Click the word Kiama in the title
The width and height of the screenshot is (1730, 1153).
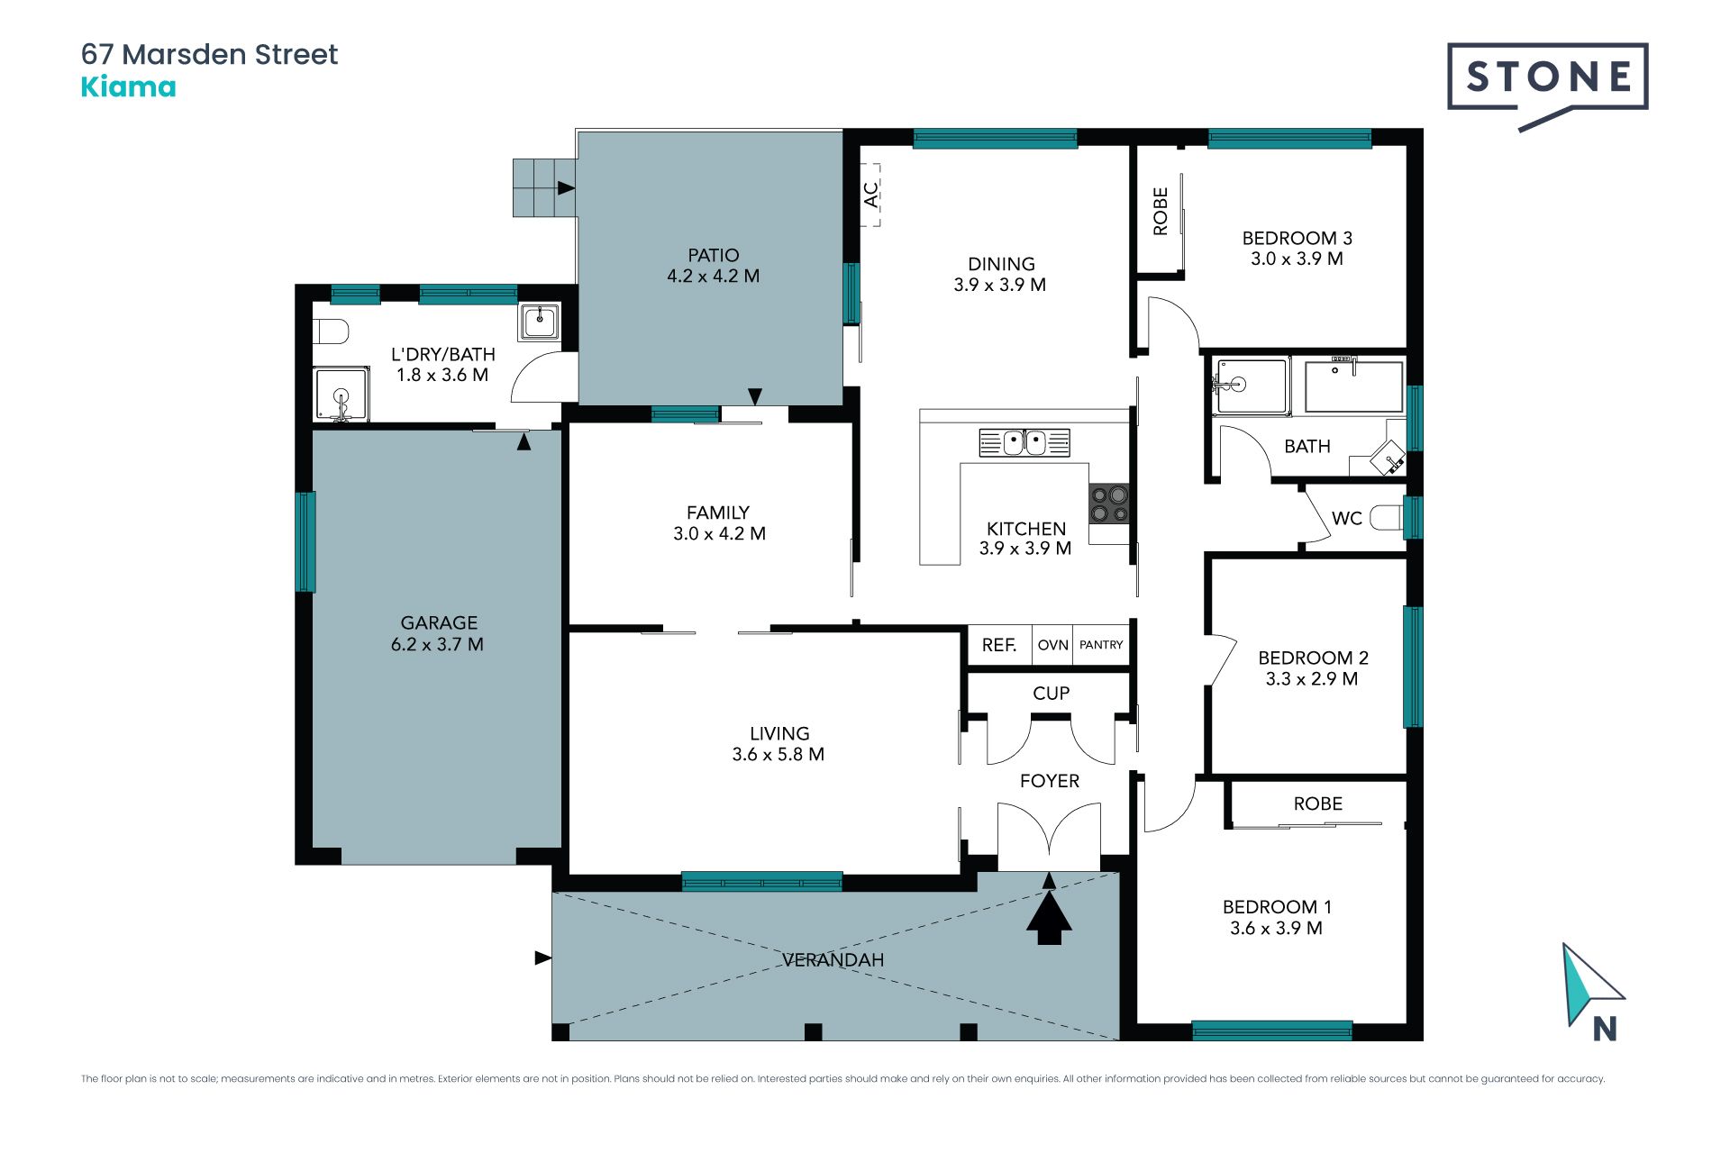[x=128, y=87]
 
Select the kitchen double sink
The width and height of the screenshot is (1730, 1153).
[x=1024, y=442]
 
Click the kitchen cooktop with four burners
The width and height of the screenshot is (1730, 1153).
[x=1108, y=504]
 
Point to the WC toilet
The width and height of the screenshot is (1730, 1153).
[x=1387, y=518]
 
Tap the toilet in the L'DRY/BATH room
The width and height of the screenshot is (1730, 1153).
[x=331, y=331]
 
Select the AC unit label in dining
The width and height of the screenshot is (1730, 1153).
[x=871, y=195]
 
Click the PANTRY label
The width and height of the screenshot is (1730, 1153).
[x=1101, y=645]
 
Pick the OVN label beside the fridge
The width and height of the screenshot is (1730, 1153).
[x=1052, y=645]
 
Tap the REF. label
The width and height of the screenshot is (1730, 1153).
[x=998, y=645]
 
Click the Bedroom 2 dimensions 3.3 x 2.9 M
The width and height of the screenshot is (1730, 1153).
[x=1311, y=679]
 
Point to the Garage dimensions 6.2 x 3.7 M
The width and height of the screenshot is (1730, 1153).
[x=437, y=645]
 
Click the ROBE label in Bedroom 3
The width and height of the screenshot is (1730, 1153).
[x=1161, y=212]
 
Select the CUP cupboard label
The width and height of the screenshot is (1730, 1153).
[x=1051, y=694]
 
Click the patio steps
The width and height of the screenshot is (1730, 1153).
[x=544, y=187]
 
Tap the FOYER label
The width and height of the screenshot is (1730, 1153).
[x=1049, y=781]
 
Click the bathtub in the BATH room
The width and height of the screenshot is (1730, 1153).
[x=1353, y=386]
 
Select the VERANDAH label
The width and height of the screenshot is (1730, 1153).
[x=833, y=960]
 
